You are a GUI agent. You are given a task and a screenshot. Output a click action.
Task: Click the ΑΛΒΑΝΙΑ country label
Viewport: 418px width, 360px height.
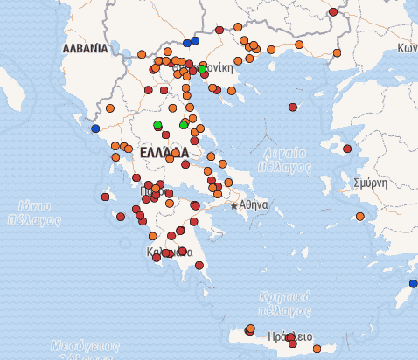(x=85, y=48)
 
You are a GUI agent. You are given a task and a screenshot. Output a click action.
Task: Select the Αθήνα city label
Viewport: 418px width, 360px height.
(x=254, y=204)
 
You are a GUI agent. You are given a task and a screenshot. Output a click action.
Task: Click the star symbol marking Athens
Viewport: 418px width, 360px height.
(x=234, y=205)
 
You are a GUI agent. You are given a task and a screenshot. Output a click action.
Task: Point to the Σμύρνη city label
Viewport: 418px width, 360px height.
(x=370, y=183)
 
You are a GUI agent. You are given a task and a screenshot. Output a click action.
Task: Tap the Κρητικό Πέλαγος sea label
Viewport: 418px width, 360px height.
(x=285, y=302)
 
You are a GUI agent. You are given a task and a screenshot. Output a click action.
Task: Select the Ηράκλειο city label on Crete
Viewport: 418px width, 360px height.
(x=290, y=336)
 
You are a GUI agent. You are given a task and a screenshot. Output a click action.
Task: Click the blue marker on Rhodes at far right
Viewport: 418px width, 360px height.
(x=413, y=284)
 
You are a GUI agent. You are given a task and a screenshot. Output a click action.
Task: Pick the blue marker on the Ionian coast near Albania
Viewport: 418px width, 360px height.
(x=95, y=128)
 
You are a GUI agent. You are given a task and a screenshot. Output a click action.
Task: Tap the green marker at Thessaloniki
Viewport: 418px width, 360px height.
(x=202, y=68)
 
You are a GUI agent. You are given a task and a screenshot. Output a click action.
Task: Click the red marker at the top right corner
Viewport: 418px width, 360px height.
(x=333, y=12)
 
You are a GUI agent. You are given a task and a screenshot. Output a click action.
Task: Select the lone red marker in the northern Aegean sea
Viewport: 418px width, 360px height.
(x=293, y=107)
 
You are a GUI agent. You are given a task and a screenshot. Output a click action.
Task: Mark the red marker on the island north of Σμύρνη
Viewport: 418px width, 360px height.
(x=347, y=149)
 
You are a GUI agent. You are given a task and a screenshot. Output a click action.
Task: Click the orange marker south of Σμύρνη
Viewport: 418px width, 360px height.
(x=359, y=216)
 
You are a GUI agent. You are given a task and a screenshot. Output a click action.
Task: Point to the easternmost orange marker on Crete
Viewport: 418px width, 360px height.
(x=317, y=349)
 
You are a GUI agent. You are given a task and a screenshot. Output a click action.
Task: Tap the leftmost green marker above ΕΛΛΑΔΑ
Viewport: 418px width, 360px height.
(x=157, y=125)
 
